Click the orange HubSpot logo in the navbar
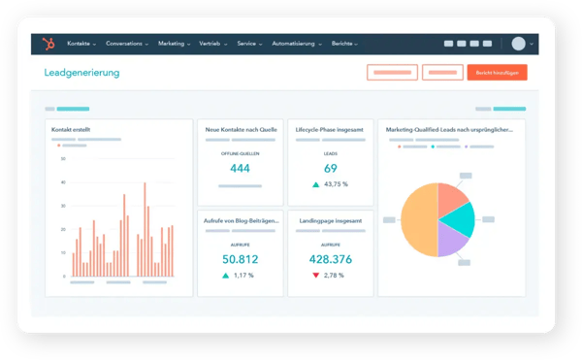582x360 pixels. click(x=47, y=44)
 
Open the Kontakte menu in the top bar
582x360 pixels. click(x=81, y=44)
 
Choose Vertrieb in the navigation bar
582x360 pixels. click(x=211, y=44)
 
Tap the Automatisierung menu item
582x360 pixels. click(x=296, y=44)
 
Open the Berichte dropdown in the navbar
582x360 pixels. click(x=344, y=44)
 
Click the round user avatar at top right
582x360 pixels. click(x=519, y=44)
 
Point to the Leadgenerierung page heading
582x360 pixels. click(x=82, y=73)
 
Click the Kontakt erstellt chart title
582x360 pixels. click(x=72, y=128)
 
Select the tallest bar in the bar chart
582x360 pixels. click(x=145, y=229)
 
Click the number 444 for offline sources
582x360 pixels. click(x=240, y=169)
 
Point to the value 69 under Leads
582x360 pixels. click(x=330, y=169)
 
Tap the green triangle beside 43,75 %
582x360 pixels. click(x=316, y=184)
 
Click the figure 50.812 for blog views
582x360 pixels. click(x=240, y=259)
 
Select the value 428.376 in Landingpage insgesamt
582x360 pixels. click(x=330, y=259)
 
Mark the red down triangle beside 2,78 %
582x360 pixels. click(x=316, y=276)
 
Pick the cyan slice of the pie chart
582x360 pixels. click(x=457, y=219)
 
